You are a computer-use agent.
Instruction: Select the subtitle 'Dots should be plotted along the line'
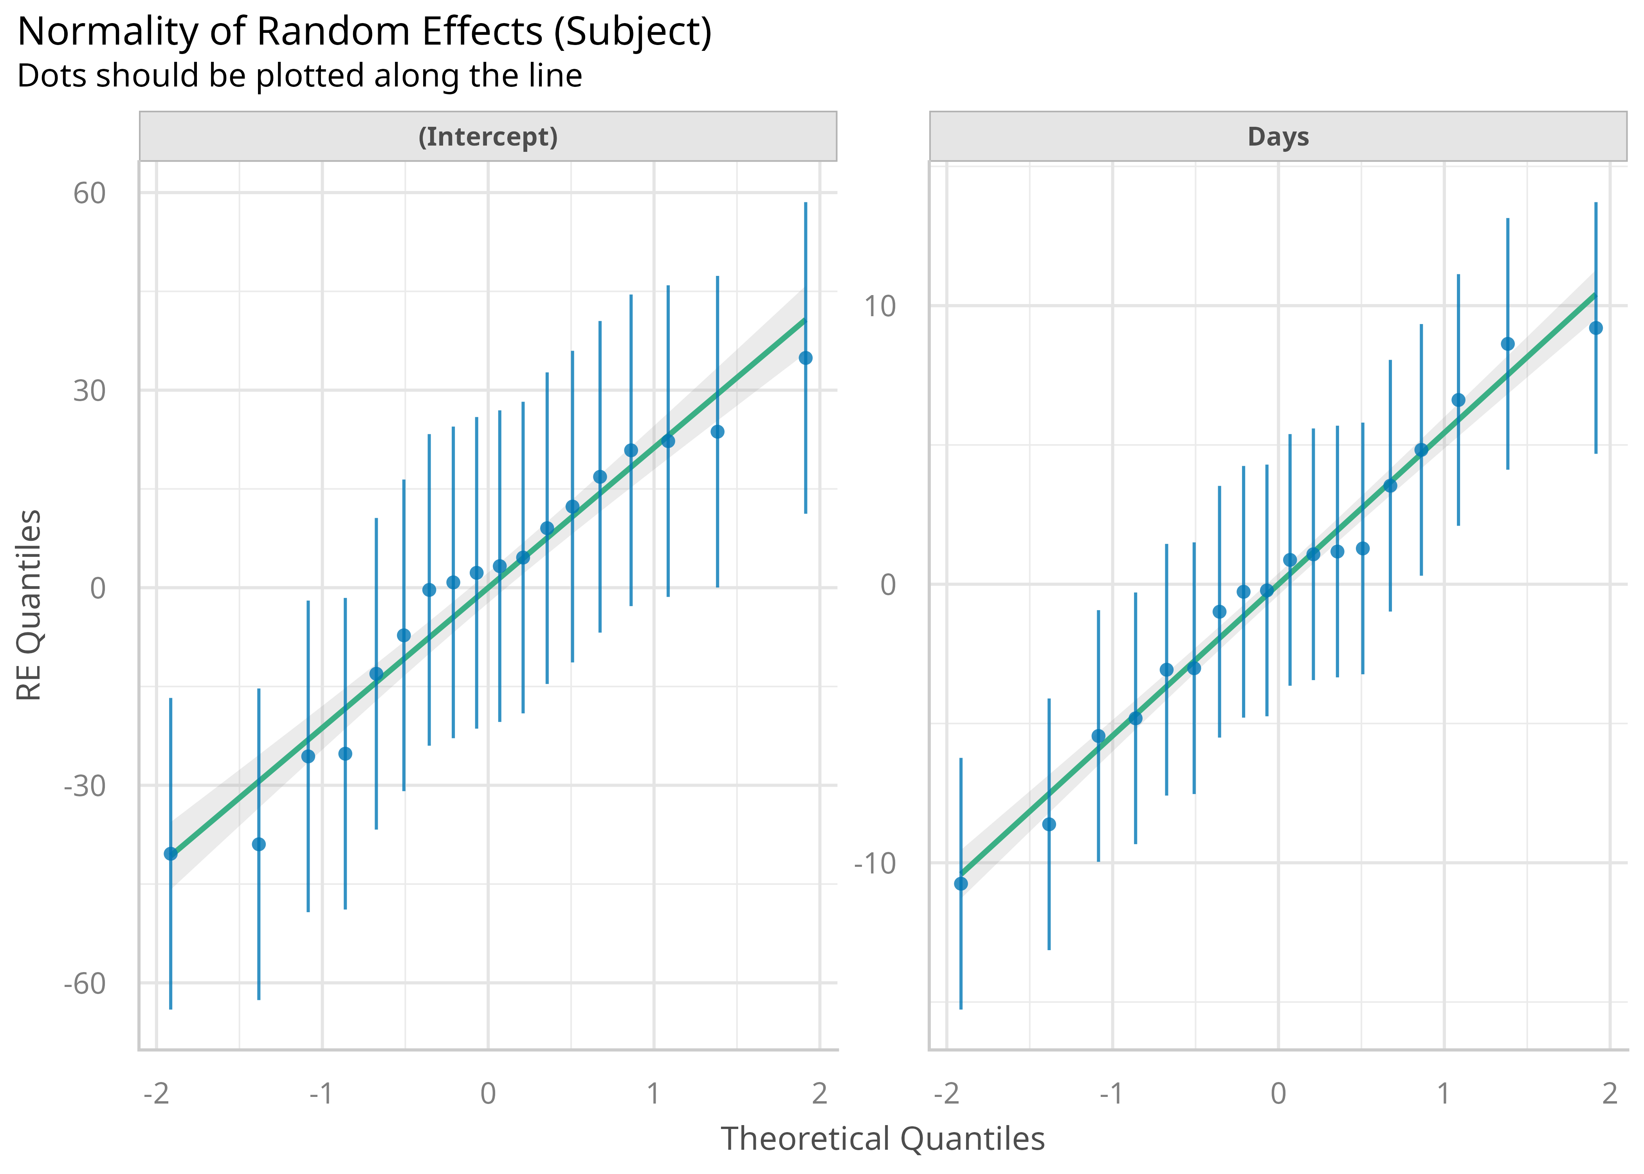(299, 76)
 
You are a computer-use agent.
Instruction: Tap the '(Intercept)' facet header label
(488, 137)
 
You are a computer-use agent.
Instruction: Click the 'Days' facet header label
(1278, 137)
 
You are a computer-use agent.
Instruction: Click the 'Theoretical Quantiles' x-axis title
(883, 1138)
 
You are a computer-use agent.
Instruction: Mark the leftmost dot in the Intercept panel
(171, 854)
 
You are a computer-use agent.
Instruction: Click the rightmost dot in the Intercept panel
(806, 358)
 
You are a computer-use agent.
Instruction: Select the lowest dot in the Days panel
(961, 883)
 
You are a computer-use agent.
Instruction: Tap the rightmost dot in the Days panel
(1595, 328)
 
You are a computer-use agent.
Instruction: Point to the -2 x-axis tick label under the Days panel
(946, 1094)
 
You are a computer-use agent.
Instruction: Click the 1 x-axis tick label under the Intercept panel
(654, 1094)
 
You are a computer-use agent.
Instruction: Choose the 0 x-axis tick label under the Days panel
(1278, 1094)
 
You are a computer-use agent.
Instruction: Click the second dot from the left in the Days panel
(1049, 824)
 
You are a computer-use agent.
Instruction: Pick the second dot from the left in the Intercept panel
(259, 844)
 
